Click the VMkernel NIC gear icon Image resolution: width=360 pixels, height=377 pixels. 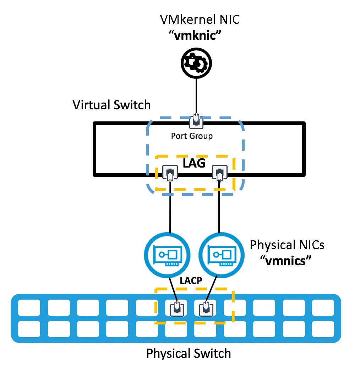[196, 63]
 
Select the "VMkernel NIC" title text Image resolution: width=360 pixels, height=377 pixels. [200, 19]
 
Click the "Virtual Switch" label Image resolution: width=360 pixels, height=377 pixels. [111, 105]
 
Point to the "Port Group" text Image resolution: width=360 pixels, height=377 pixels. [192, 136]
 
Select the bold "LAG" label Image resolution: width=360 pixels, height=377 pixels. [194, 163]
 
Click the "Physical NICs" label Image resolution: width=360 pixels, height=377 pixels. [287, 245]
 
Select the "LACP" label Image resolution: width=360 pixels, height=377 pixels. [191, 280]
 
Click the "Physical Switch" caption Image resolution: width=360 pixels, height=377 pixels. [189, 354]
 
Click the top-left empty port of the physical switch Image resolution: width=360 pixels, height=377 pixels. [29, 308]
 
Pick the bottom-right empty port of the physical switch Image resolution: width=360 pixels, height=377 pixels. [323, 329]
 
